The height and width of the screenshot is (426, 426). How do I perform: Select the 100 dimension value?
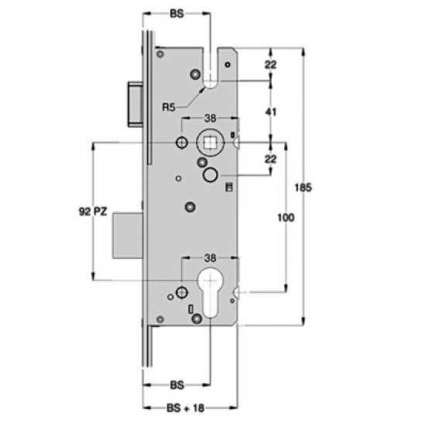[285, 219]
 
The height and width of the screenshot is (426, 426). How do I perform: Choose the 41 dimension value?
[270, 111]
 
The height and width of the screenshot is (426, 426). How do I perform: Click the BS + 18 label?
[180, 407]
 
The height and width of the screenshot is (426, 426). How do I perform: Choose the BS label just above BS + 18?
[177, 383]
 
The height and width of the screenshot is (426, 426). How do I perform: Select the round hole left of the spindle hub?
[181, 143]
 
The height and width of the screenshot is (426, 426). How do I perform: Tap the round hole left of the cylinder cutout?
[181, 292]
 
